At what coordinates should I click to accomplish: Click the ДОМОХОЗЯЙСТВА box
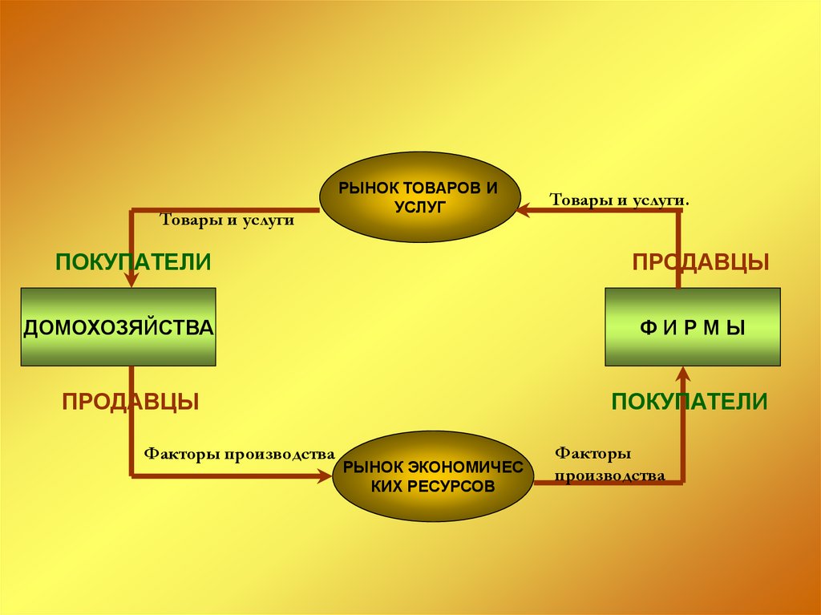pyautogui.click(x=118, y=327)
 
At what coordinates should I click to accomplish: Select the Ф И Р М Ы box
pyautogui.click(x=692, y=327)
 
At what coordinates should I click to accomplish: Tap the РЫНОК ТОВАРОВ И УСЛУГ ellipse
pyautogui.click(x=419, y=197)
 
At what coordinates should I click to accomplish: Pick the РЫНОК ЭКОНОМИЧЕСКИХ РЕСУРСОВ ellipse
pyautogui.click(x=433, y=476)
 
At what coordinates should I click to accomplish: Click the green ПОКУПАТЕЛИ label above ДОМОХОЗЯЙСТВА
pyautogui.click(x=133, y=262)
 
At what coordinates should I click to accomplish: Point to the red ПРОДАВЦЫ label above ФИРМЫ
pyautogui.click(x=701, y=262)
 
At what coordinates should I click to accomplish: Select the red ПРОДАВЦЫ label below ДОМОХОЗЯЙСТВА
pyautogui.click(x=131, y=402)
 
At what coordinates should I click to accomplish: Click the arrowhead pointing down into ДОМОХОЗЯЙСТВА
pyautogui.click(x=132, y=279)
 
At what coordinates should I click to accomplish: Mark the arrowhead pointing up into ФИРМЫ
pyautogui.click(x=684, y=373)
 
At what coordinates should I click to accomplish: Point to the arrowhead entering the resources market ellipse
pyautogui.click(x=324, y=476)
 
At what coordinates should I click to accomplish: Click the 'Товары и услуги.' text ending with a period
pyautogui.click(x=619, y=199)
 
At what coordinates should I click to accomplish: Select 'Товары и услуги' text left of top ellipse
pyautogui.click(x=228, y=220)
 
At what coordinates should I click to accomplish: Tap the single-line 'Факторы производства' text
pyautogui.click(x=239, y=454)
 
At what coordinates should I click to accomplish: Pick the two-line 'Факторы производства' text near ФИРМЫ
pyautogui.click(x=609, y=465)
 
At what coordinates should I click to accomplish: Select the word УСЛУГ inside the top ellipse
pyautogui.click(x=419, y=207)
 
